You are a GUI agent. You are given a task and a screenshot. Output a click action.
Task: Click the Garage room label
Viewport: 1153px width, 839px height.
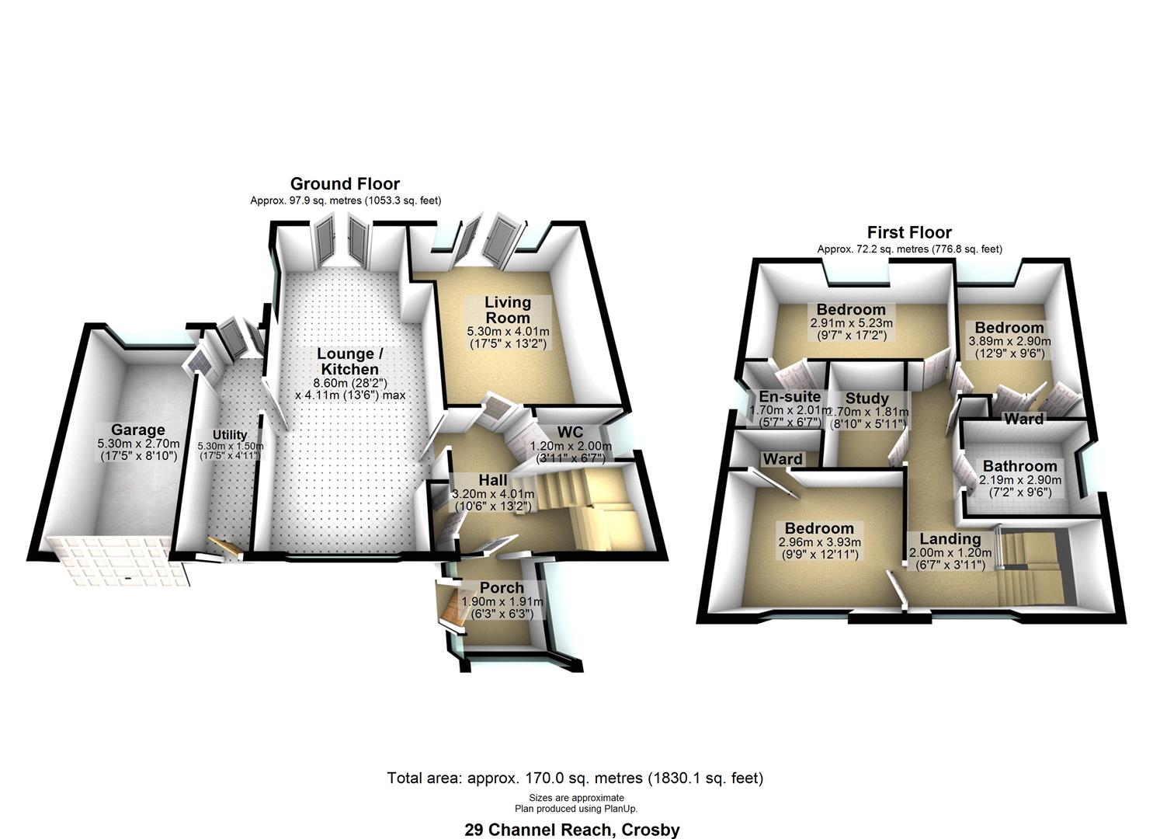(137, 430)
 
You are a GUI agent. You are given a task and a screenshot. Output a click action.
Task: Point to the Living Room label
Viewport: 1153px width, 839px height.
(508, 309)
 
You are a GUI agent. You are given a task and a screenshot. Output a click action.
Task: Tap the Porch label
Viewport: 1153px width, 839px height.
(502, 587)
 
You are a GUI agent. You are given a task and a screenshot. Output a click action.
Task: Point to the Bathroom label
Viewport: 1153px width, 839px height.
(1019, 466)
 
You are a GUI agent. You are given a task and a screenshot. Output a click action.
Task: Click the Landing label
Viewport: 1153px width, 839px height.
(950, 539)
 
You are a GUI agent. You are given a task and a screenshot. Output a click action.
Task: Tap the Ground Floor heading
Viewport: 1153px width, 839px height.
(345, 184)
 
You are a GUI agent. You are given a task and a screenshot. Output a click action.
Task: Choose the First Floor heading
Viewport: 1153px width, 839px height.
(909, 232)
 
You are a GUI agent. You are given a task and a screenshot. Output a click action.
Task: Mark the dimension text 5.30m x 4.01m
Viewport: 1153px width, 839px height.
(507, 332)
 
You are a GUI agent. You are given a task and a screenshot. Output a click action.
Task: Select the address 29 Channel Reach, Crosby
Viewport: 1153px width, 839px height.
(571, 830)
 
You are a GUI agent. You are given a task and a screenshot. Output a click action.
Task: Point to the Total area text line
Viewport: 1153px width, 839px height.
(575, 778)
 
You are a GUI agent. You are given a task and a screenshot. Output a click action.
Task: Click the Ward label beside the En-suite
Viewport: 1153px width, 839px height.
(783, 459)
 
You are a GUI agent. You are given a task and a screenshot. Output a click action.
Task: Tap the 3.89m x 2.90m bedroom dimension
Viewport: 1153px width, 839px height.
(1009, 341)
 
